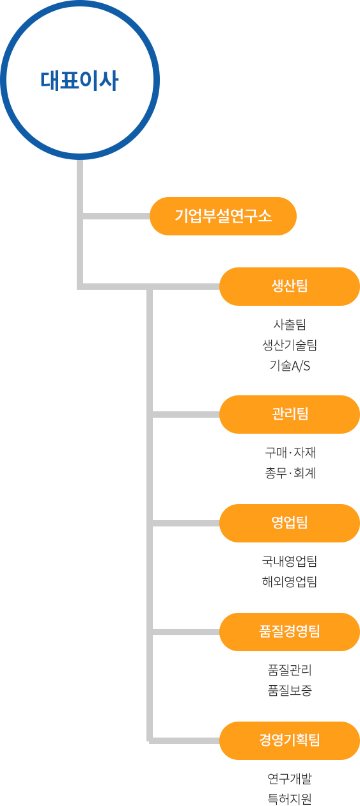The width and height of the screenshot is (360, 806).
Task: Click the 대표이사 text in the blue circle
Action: (x=79, y=80)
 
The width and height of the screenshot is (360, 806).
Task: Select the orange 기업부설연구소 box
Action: (x=223, y=216)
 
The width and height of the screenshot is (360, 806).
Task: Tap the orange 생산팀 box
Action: (x=290, y=287)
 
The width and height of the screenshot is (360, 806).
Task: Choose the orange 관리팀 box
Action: (x=290, y=415)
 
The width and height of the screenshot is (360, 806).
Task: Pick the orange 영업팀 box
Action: (x=290, y=523)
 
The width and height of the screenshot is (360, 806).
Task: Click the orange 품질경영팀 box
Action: (x=290, y=632)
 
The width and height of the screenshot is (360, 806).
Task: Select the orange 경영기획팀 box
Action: (x=290, y=741)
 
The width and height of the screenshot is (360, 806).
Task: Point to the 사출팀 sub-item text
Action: (x=290, y=324)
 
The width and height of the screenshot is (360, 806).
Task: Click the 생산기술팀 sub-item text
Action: (x=290, y=345)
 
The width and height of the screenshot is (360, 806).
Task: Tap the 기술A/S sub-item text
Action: (x=290, y=366)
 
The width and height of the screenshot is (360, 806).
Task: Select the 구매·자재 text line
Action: (x=290, y=452)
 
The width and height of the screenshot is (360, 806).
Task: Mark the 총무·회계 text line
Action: (x=290, y=473)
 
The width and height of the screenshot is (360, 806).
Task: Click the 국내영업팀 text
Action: (x=290, y=561)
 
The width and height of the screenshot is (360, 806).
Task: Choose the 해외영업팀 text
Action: (x=290, y=581)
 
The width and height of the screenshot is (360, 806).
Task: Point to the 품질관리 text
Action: (x=290, y=670)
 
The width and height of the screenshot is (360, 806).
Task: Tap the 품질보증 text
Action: (x=290, y=690)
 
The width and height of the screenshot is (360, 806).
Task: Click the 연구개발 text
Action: (x=290, y=778)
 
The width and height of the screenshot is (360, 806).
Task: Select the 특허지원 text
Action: (x=290, y=799)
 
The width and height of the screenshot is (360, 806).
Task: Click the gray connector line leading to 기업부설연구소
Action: (x=116, y=216)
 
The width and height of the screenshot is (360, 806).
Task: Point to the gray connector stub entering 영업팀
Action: (x=186, y=523)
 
